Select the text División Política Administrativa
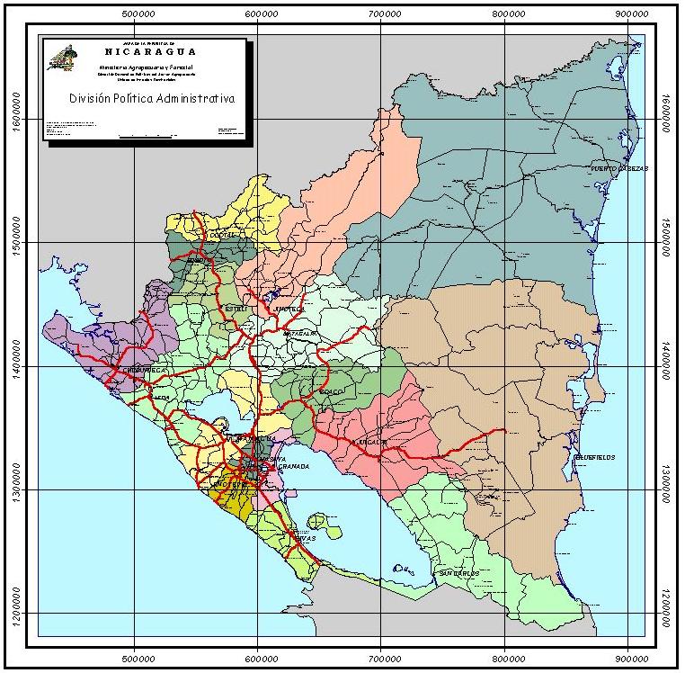tap(152, 99)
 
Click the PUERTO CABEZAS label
tap(619, 168)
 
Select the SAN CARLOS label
tap(458, 573)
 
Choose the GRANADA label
tap(294, 466)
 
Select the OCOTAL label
tap(221, 236)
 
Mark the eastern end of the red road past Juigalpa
tap(504, 430)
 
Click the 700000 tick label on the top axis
tap(383, 15)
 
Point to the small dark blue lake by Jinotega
tap(269, 295)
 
